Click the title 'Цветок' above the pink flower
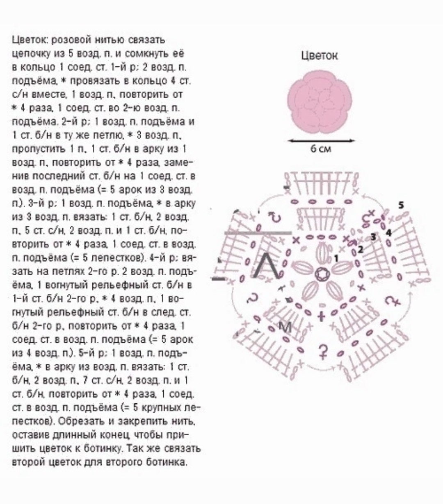319,55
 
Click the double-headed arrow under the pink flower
321,141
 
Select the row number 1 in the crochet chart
336,258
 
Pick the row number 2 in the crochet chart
360,249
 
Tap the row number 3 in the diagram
373,236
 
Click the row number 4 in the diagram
388,233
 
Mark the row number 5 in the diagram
401,205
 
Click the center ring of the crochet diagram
320,273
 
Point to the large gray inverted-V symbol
267,265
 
